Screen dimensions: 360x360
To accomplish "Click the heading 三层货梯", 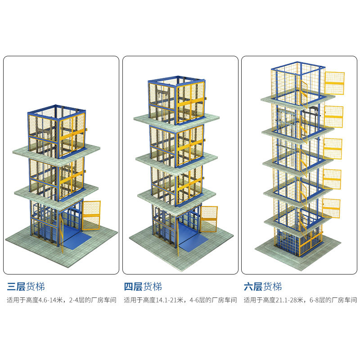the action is coord(26,287).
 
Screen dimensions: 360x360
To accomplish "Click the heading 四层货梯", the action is coord(143,287).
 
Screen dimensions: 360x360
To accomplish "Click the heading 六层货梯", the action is coord(263,287).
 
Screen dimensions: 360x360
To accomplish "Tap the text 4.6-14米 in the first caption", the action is coord(50,300).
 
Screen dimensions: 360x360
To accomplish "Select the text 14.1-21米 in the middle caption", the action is coord(170,300).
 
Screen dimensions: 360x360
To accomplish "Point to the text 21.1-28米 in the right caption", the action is coord(289,300).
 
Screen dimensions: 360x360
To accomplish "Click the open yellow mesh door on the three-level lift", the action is coord(91,216).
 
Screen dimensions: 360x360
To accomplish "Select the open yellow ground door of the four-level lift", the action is coord(208,219).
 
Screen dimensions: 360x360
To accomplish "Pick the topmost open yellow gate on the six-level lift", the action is coord(334,83).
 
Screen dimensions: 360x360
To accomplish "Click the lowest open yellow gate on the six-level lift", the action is coord(331,208).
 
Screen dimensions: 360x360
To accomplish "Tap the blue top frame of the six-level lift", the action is coord(298,68).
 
